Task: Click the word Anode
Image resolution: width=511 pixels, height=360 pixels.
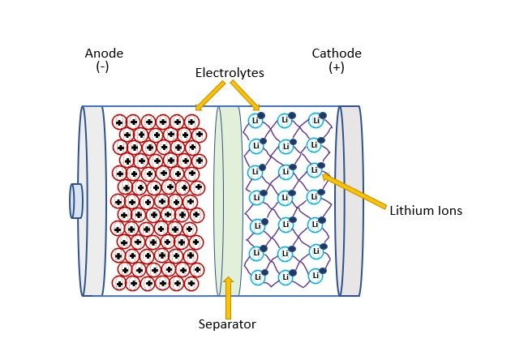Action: [104, 54]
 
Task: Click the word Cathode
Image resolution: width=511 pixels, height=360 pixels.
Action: [337, 54]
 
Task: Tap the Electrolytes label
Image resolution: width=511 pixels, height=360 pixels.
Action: [230, 73]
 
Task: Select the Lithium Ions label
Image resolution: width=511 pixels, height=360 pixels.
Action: [425, 211]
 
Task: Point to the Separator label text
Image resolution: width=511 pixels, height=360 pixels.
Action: [227, 324]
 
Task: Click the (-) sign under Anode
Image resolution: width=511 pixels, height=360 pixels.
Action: [102, 67]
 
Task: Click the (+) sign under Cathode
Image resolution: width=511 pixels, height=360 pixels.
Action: [337, 67]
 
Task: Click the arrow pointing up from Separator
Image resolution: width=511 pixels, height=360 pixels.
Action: [228, 295]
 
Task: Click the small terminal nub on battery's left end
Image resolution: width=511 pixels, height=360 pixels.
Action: [76, 201]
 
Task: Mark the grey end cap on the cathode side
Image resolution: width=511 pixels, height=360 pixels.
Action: [350, 200]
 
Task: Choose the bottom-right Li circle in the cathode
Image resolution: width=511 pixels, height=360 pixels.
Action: [313, 276]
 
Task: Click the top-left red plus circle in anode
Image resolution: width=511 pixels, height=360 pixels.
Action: [119, 122]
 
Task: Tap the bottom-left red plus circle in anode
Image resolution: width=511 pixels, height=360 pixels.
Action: [119, 283]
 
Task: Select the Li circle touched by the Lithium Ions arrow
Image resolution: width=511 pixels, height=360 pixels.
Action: [314, 170]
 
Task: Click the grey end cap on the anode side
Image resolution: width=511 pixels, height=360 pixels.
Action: [92, 200]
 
